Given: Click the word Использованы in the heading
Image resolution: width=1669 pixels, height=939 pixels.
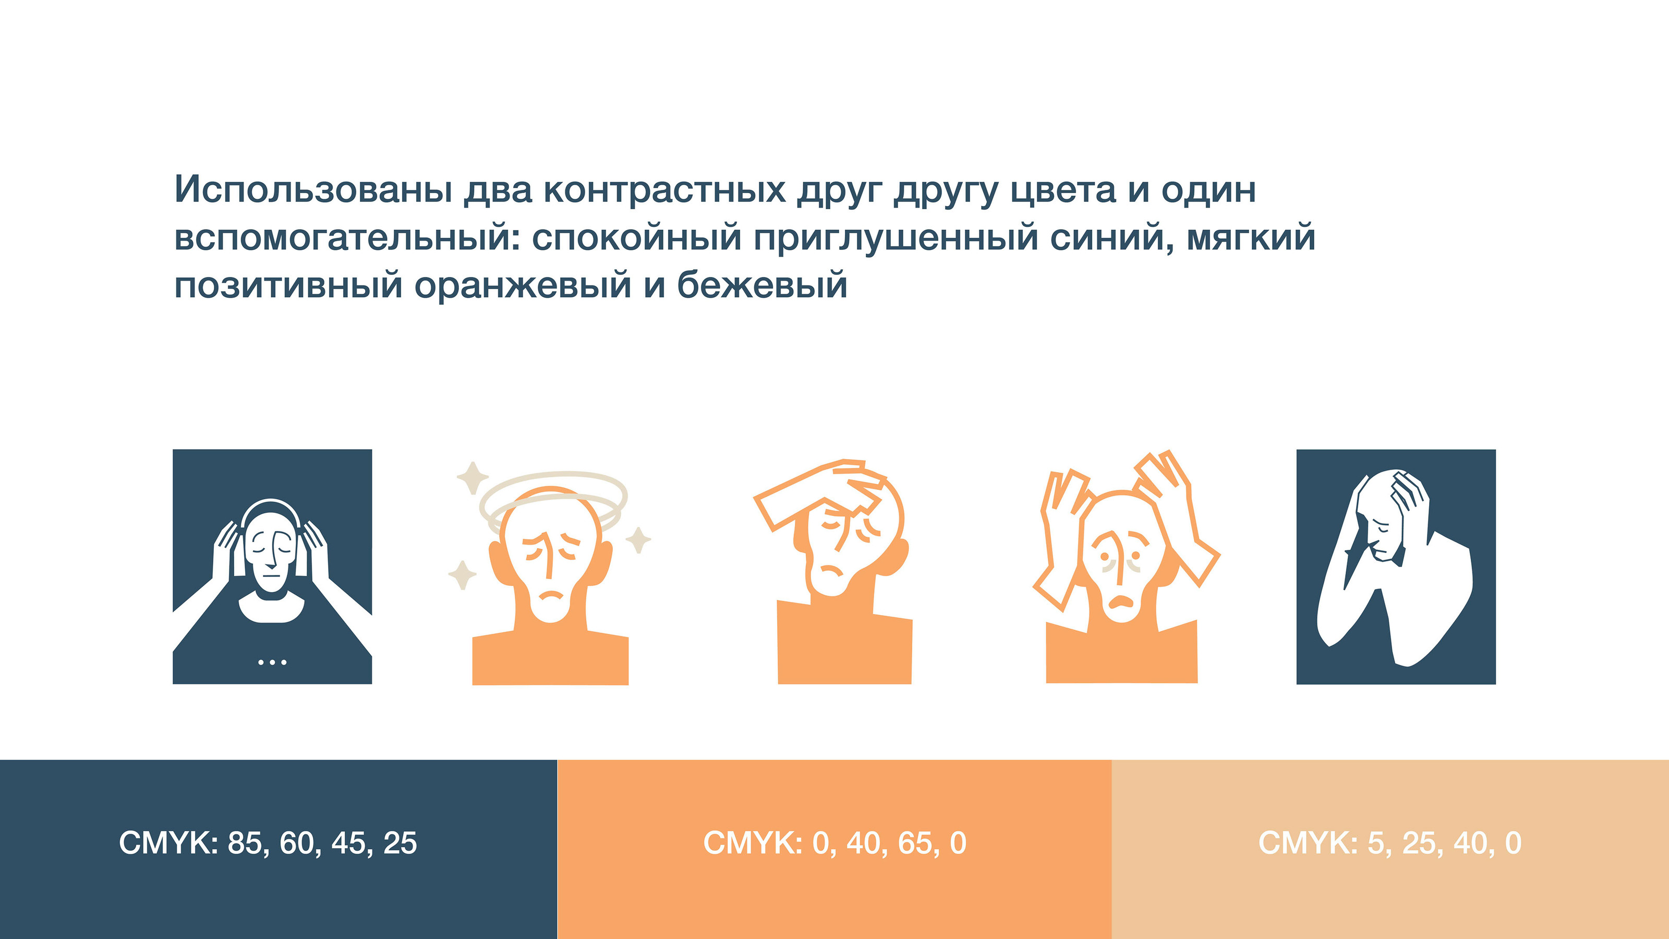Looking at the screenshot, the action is click(313, 189).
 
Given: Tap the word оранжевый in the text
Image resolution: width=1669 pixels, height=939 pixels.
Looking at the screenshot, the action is click(523, 286).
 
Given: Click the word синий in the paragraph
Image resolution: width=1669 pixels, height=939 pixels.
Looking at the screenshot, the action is click(1112, 237).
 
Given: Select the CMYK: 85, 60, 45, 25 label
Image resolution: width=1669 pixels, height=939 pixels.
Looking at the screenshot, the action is click(268, 843).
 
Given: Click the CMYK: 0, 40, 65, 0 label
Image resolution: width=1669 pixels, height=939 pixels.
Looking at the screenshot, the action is click(835, 843).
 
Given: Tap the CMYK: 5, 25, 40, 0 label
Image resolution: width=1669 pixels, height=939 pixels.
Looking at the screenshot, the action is click(1390, 843).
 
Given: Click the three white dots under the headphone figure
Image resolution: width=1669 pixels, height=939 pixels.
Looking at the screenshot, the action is click(272, 661).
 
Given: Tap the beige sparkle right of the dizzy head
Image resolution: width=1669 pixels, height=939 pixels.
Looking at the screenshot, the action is click(638, 540).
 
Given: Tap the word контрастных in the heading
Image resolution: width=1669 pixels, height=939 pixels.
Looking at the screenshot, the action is click(664, 190).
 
